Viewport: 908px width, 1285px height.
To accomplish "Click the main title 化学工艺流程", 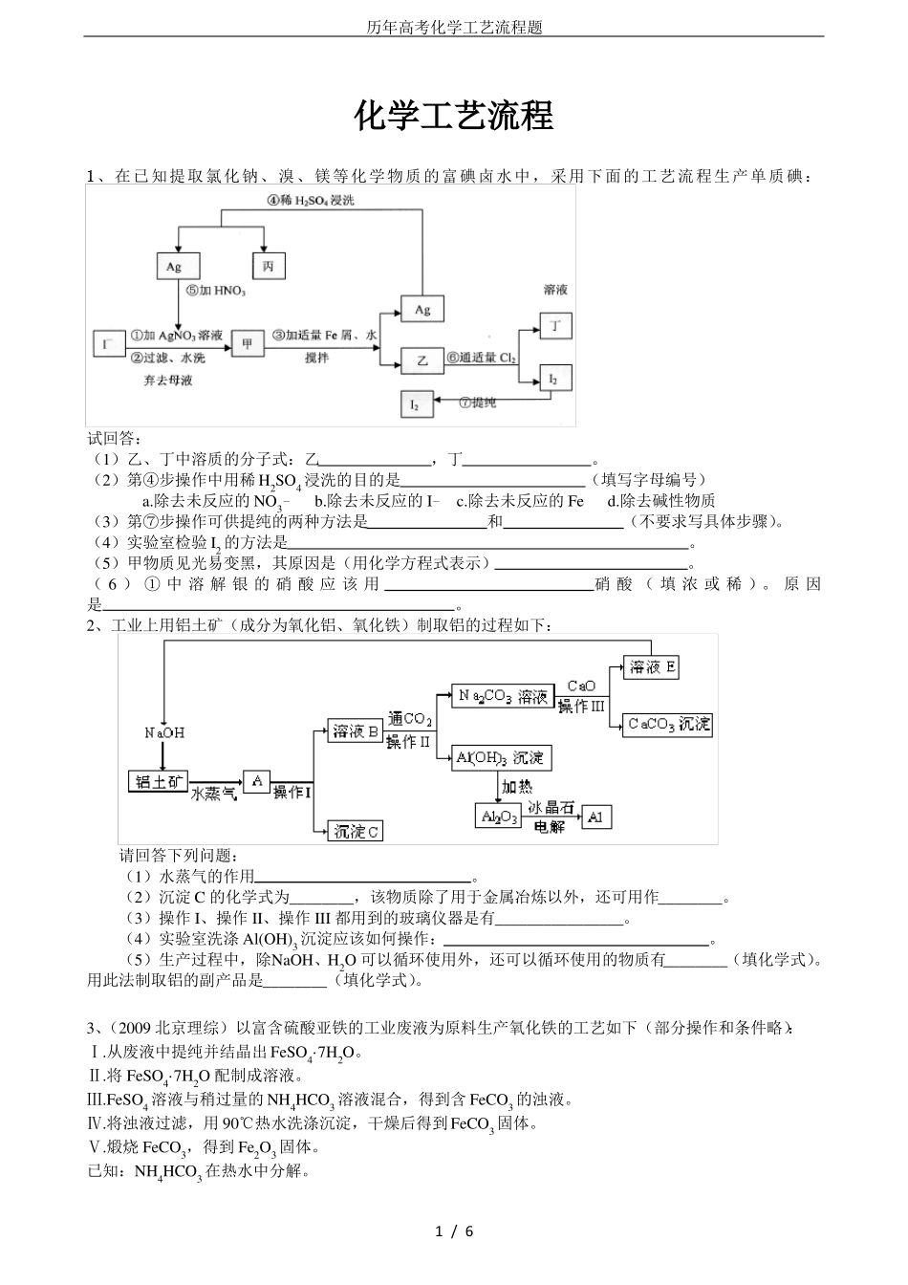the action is tap(454, 117).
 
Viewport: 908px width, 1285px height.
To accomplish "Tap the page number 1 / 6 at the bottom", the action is tap(454, 1231).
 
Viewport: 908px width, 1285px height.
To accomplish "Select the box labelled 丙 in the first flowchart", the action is tap(268, 266).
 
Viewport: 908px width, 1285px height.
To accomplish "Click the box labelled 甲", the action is tap(248, 342).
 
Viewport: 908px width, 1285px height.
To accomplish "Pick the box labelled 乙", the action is tap(422, 360).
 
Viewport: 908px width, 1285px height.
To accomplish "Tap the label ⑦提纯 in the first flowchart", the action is tap(478, 403).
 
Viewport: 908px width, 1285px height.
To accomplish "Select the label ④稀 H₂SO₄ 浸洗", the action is tap(311, 200).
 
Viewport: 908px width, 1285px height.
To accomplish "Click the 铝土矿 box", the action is tap(159, 781).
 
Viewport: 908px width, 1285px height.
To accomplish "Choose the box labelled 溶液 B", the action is tap(356, 732).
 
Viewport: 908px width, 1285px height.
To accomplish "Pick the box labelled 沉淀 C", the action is tap(356, 831).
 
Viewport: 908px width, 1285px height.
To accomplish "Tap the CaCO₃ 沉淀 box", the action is tap(668, 725).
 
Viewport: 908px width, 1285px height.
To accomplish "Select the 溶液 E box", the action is tap(652, 667).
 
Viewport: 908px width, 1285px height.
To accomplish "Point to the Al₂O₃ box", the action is tap(498, 817).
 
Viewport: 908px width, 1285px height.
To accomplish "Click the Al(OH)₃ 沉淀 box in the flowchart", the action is tap(500, 758).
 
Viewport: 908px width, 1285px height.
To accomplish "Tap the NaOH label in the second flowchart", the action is tap(164, 732).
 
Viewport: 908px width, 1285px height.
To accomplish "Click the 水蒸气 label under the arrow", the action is tap(213, 794).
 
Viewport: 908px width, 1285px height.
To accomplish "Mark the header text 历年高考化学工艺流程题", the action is tap(454, 28).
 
